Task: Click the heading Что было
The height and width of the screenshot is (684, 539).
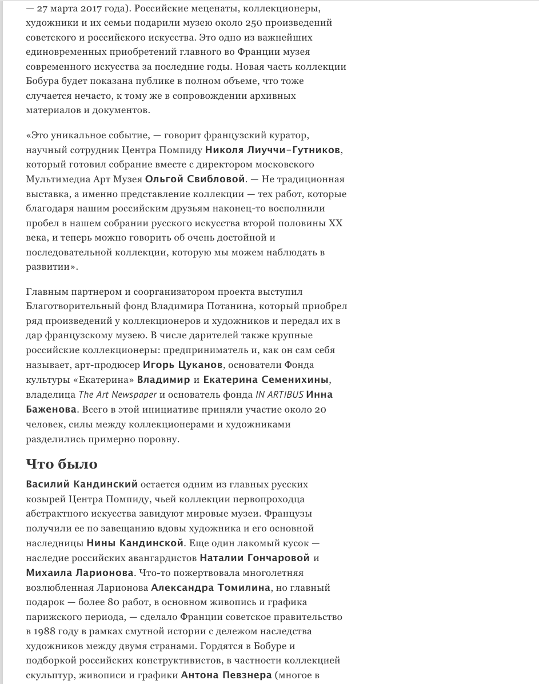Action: (62, 463)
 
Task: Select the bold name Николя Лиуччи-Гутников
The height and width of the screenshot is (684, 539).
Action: (273, 150)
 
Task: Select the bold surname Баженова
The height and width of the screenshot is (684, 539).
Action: (51, 409)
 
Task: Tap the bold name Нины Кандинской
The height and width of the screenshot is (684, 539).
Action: (135, 542)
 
